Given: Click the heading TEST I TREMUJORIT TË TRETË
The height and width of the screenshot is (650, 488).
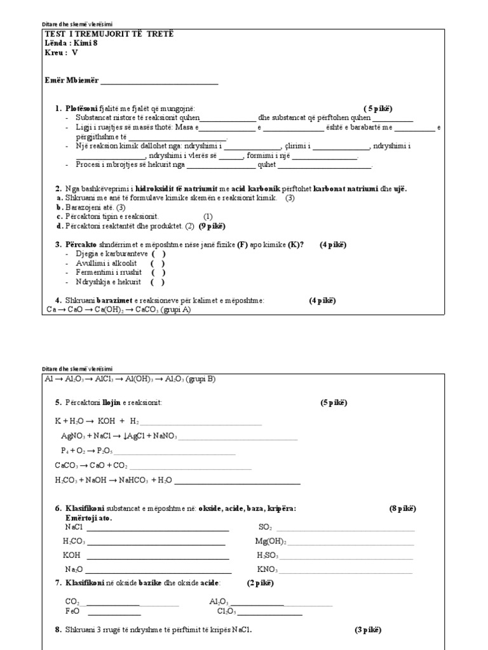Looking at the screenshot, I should tap(107, 33).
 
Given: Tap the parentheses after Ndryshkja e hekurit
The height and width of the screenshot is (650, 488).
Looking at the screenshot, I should tap(158, 282).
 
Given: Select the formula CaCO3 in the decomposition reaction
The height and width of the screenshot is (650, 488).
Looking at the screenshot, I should tap(67, 465).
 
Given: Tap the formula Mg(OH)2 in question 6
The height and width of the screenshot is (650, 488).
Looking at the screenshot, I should tap(271, 541).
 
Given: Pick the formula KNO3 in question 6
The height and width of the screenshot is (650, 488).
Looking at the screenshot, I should tap(267, 569).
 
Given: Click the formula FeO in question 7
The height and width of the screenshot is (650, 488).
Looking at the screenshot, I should tap(72, 611).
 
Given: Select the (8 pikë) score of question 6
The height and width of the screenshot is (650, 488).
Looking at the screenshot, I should tap(402, 509).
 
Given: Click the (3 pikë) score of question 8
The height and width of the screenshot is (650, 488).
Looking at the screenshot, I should tap(368, 630).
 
